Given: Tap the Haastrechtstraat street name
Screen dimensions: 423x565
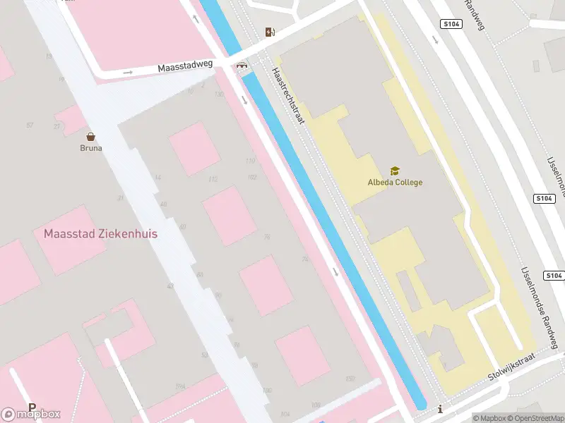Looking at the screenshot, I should coord(288,96).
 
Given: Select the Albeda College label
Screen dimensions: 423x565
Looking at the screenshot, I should coord(395,183).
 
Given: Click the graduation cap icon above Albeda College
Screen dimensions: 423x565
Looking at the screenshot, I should coord(395,171).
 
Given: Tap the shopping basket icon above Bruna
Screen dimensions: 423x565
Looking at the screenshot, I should coord(90,137).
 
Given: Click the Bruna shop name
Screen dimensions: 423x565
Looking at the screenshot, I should coord(90,149).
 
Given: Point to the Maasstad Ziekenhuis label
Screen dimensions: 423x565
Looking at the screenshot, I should coord(100,233).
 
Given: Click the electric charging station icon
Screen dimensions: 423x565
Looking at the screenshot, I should coord(269,32).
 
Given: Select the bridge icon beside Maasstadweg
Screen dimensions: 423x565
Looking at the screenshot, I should coord(242,67).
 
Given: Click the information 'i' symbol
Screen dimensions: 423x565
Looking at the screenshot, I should coord(440,409).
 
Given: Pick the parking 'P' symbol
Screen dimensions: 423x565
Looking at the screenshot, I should coord(32,407).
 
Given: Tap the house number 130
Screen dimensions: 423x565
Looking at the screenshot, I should coord(219,94).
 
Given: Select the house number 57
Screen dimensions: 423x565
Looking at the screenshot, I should coord(30,125).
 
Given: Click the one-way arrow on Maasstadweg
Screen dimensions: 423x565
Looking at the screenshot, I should coord(128,72).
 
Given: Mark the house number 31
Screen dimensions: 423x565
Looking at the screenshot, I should coord(121,198).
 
